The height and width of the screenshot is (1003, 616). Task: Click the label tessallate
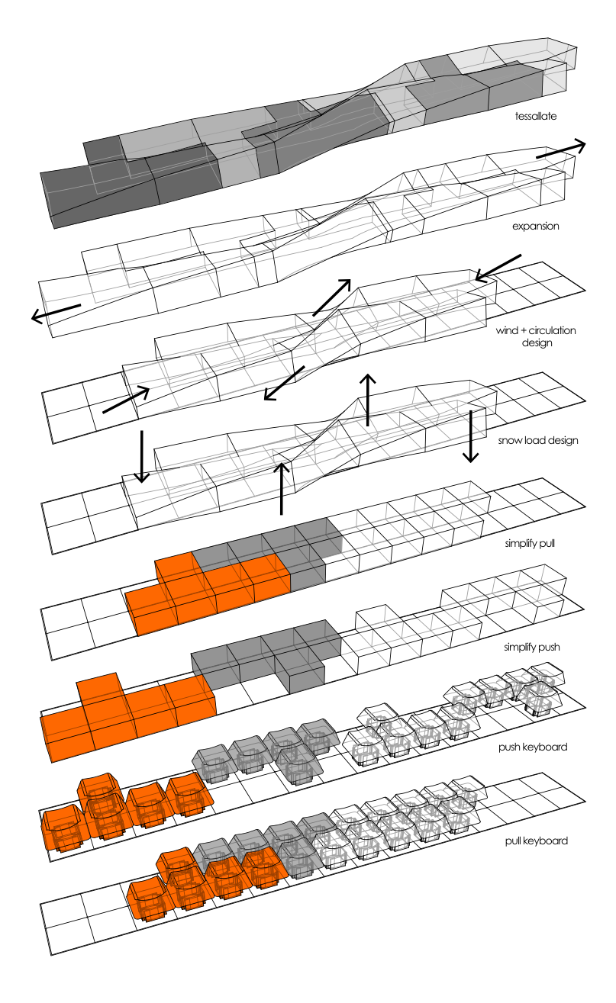535,116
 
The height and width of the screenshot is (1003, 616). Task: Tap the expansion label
535,226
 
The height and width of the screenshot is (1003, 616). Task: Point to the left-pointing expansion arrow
56,313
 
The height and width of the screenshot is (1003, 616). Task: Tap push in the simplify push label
550,648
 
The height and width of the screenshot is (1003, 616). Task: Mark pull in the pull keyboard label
512,841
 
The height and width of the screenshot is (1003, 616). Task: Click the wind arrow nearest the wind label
498,268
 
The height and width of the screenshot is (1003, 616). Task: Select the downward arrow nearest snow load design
470,436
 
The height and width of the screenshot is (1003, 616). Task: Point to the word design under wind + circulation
537,343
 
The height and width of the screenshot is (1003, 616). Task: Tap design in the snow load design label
563,441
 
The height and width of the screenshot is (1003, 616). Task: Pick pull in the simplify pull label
547,544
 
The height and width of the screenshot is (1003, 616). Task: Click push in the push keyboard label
509,747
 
